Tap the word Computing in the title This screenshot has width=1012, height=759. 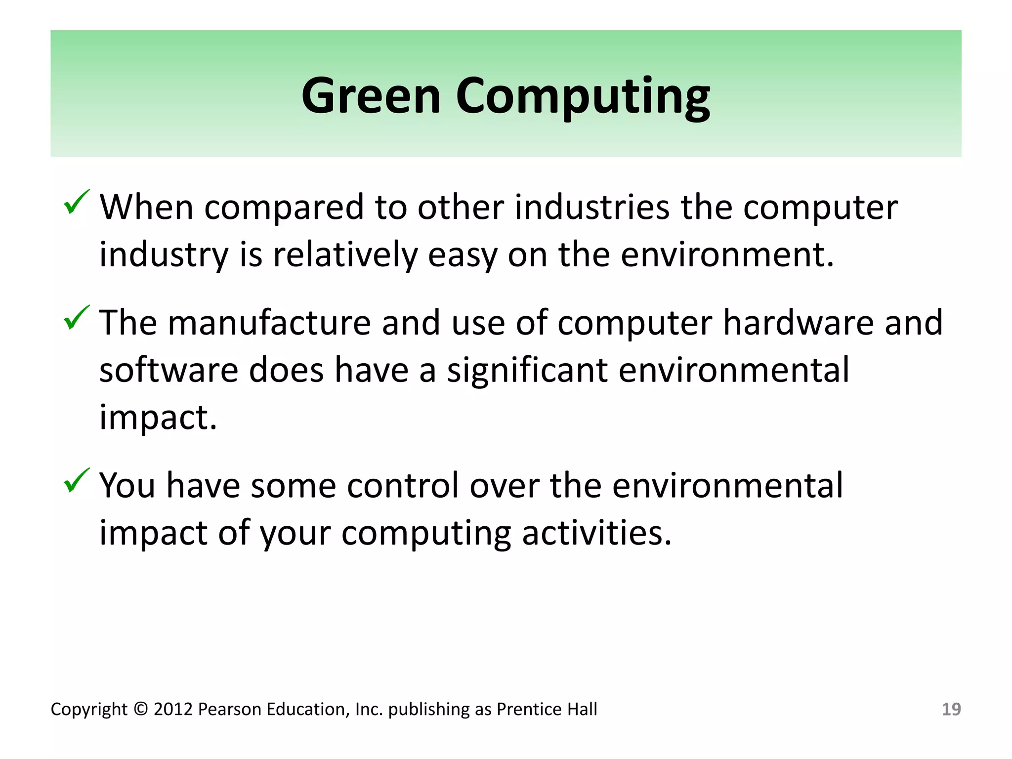coord(583,96)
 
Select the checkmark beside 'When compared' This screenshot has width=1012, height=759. coord(77,202)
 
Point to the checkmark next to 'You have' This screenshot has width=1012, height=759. coord(77,480)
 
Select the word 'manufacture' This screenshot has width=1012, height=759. coord(269,323)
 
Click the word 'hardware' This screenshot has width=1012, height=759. coord(798,323)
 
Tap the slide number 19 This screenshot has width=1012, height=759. coord(951,709)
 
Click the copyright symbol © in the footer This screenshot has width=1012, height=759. coord(140,709)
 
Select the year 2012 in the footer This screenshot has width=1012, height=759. coord(172,709)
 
